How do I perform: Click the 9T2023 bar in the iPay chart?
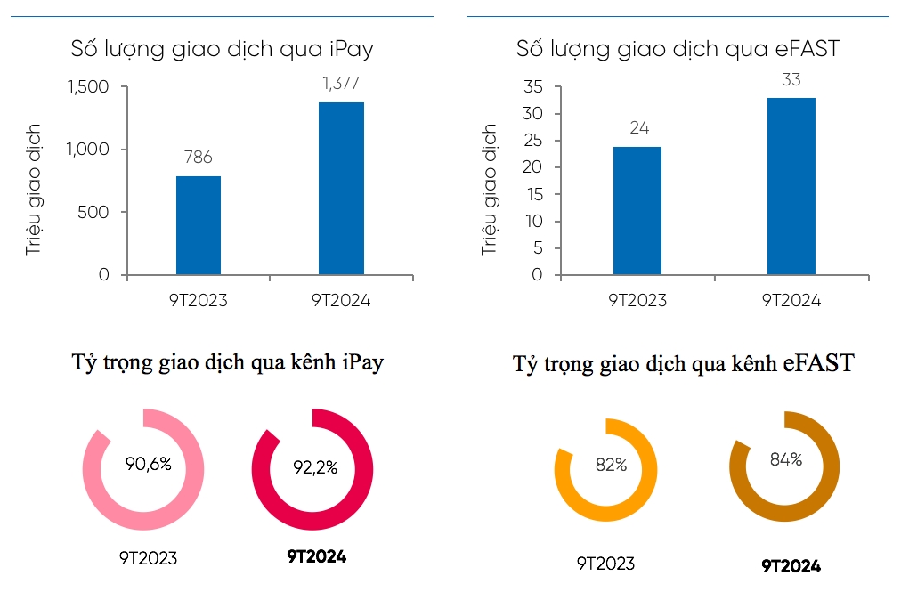coord(198,225)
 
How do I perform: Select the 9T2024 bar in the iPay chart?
coord(341,189)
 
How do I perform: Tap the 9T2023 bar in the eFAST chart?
coord(638,211)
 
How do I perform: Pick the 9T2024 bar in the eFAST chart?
coord(791,186)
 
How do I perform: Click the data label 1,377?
coord(340,84)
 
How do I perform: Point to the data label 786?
coord(198,158)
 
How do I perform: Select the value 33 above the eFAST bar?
coord(791,79)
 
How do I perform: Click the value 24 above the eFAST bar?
coord(638,128)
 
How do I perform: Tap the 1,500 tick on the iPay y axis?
coord(87,87)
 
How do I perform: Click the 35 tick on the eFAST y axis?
coord(532,87)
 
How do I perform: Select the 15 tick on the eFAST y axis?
coord(532,194)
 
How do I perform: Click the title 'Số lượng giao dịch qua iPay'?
coord(222,49)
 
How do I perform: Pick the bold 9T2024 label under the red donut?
coord(316,556)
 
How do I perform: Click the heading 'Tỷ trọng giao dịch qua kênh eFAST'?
coord(684,363)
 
